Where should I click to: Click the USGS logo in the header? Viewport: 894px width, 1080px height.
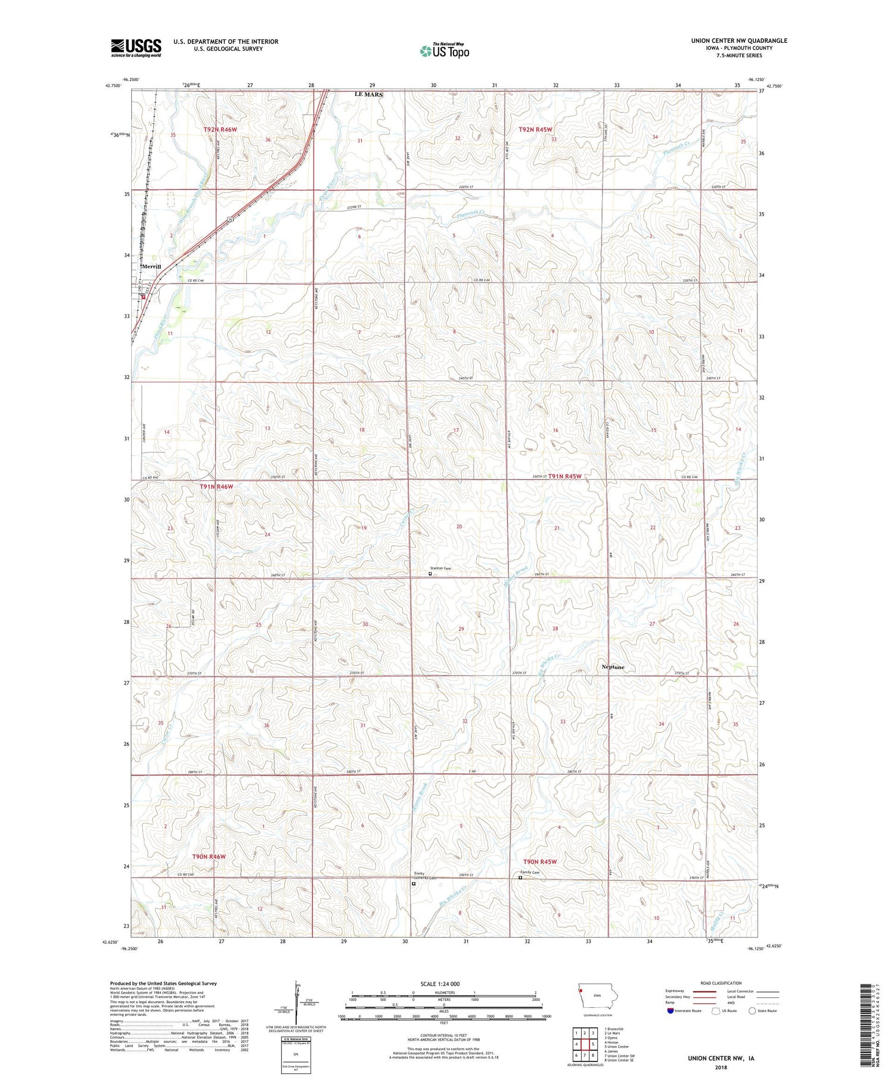(136, 48)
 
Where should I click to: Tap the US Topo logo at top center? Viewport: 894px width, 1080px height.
(445, 51)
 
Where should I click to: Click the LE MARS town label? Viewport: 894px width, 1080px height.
(369, 94)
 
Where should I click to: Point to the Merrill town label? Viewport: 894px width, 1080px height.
(151, 266)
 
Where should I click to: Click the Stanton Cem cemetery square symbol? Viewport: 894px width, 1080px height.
(430, 574)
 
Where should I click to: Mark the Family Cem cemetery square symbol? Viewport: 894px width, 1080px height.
(520, 877)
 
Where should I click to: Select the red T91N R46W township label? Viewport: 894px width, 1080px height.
(216, 487)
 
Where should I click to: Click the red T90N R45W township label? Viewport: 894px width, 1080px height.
(540, 862)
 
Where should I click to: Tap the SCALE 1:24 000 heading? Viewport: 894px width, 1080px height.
(443, 983)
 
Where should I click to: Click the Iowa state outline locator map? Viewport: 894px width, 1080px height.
(598, 998)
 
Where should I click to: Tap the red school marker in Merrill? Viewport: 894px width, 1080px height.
(143, 295)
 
